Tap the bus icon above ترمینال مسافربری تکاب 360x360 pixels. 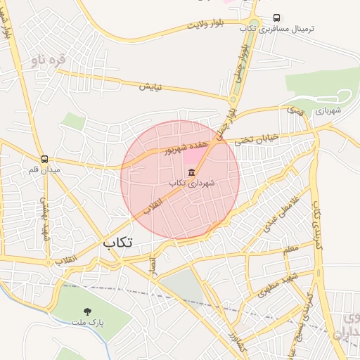[277, 18]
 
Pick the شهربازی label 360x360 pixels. [328, 110]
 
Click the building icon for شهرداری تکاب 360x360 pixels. [191, 172]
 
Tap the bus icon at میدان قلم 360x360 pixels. [45, 159]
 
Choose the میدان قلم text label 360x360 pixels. [45, 170]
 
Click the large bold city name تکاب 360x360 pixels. [118, 242]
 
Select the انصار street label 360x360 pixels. [153, 265]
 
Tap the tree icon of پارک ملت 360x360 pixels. [87, 311]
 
